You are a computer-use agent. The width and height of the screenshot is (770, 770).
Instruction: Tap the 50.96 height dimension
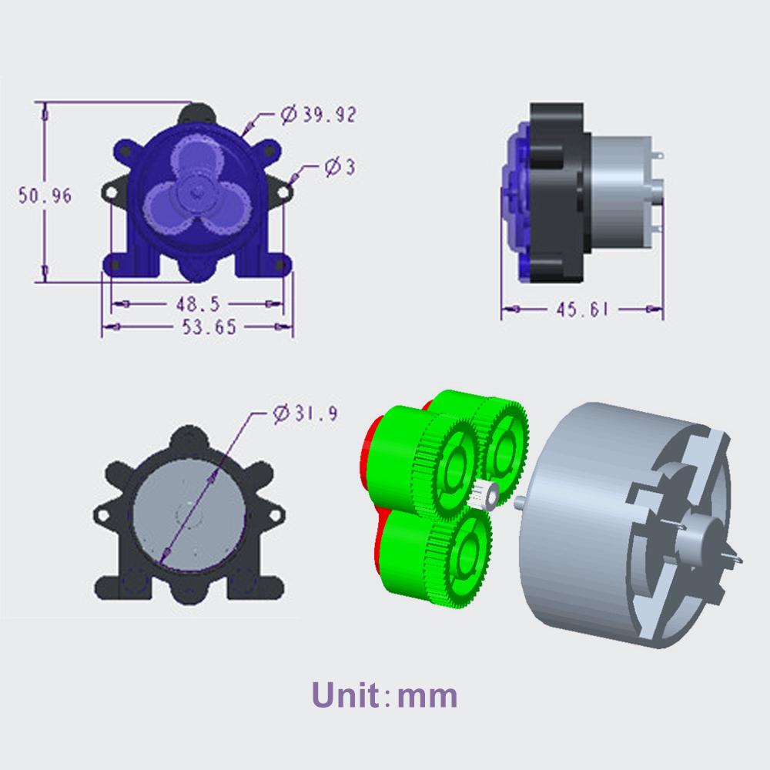45,196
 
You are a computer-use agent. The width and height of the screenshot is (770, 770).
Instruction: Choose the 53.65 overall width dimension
198,327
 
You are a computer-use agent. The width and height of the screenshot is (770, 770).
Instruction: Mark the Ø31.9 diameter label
304,413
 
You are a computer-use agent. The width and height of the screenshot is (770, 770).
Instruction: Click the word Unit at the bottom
346,695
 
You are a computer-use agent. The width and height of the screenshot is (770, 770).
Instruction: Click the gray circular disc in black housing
189,512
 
